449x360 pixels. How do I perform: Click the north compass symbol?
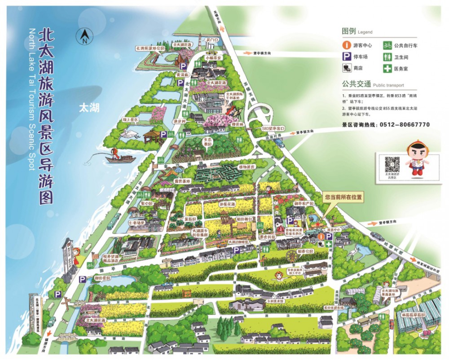(84, 36)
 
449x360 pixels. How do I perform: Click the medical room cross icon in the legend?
(387, 69)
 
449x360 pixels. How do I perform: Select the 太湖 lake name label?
(88, 108)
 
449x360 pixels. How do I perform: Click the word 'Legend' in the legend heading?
(365, 32)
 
